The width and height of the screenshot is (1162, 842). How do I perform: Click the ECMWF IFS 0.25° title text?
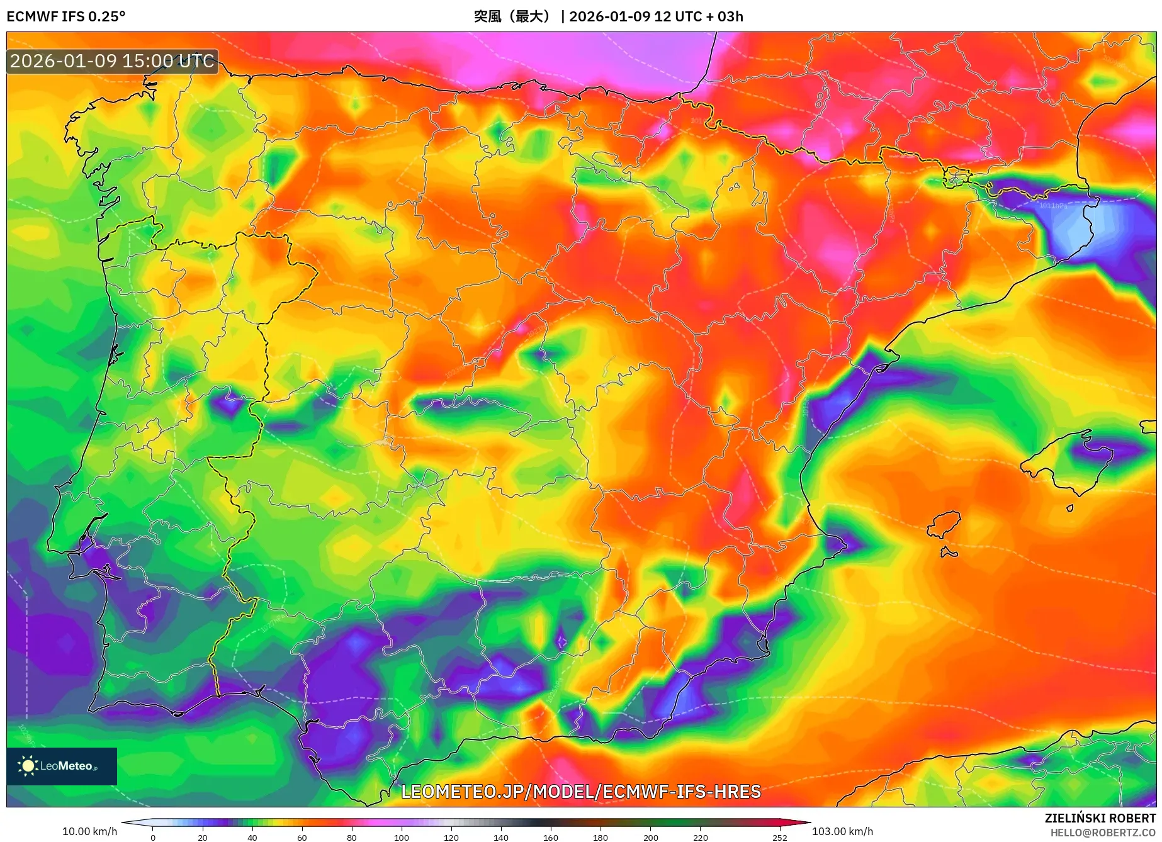66,16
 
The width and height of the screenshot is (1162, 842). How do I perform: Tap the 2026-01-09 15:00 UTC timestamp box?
113,61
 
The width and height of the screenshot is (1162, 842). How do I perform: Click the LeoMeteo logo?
62,766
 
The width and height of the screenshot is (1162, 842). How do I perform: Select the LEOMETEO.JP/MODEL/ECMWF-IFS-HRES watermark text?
581,791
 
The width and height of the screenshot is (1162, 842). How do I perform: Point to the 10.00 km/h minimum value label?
89,831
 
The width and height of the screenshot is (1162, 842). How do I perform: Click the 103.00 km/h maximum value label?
842,831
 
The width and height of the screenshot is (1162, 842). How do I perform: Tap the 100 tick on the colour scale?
401,837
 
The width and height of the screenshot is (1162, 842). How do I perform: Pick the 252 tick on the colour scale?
779,837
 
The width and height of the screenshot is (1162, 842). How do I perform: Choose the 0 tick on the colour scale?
152,837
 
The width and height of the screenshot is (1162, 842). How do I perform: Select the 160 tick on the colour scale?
550,837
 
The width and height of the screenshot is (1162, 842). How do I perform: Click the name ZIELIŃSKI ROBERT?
1100,818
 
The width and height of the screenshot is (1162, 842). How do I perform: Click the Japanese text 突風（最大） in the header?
512,16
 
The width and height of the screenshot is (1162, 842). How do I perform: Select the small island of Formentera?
949,553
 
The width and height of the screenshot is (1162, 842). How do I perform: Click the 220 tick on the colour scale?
700,837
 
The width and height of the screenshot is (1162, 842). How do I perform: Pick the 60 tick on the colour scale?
302,837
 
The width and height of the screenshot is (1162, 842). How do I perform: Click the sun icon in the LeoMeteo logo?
28,766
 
